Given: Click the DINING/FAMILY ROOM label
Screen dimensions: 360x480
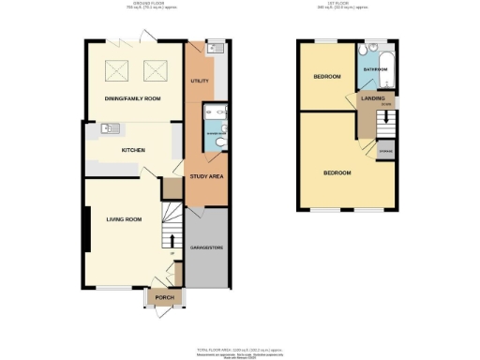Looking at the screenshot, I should (x=132, y=98).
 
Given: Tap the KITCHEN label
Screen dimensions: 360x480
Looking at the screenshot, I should (x=131, y=149).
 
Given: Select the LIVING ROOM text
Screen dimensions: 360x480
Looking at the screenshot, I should (x=123, y=219).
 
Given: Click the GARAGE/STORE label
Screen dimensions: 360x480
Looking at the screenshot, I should (x=206, y=247).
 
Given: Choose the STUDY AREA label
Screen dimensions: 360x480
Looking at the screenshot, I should (x=206, y=175).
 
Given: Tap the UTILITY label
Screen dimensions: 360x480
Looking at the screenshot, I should (x=200, y=82).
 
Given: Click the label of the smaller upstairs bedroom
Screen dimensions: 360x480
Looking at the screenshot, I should (x=327, y=76).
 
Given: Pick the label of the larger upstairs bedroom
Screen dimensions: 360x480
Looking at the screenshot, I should (x=337, y=173).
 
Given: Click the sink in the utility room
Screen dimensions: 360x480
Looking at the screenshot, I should (x=211, y=45).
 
